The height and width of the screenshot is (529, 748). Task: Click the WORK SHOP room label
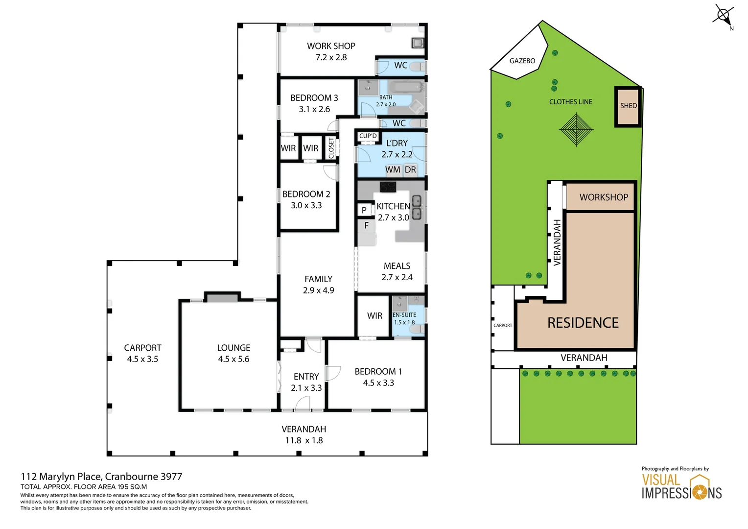point(331,46)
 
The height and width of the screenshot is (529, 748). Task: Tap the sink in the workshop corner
point(417,43)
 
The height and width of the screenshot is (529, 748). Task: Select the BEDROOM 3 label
point(314,98)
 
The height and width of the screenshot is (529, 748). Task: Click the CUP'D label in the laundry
point(368,136)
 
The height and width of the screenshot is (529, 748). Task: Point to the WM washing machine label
point(393,169)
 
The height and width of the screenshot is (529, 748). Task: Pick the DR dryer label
point(410,169)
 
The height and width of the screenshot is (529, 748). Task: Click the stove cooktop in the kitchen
point(388,187)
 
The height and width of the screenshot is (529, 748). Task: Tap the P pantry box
point(364,210)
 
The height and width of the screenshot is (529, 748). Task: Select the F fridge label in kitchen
point(366,226)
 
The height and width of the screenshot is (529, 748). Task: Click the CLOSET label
point(331,148)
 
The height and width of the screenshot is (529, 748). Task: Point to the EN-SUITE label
point(404,315)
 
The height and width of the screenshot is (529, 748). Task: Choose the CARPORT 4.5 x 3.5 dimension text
point(142,359)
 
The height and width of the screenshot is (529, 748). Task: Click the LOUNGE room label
point(234,348)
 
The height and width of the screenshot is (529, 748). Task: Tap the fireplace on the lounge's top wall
point(222,297)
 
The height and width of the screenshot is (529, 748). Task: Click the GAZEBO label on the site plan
point(522,61)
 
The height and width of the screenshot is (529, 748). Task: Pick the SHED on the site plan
point(628,106)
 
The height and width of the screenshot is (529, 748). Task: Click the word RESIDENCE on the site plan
point(583,323)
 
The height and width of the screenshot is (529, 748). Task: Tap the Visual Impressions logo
point(681,487)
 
